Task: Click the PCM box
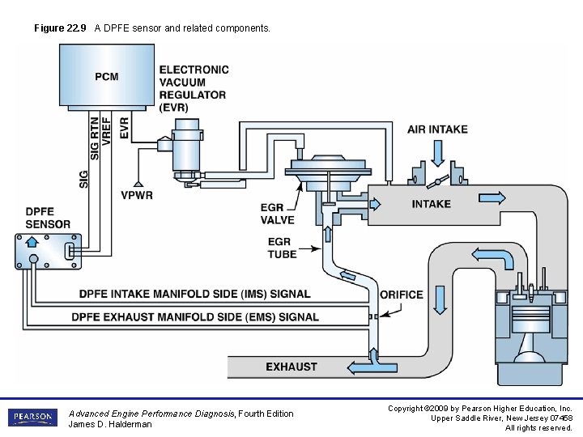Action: click(107, 76)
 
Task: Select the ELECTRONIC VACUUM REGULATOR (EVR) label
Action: click(194, 88)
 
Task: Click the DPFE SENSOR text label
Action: click(48, 218)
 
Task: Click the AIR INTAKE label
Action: click(437, 129)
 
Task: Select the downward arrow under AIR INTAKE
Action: click(438, 152)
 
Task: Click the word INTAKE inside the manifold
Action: click(431, 204)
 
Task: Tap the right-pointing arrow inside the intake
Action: click(492, 197)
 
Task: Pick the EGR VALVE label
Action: click(278, 214)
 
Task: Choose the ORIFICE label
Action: click(402, 295)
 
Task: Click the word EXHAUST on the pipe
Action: click(291, 367)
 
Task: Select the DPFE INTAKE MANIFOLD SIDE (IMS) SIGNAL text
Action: click(194, 294)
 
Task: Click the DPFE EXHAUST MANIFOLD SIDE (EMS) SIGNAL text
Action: click(195, 317)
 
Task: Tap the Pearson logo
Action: click(33, 418)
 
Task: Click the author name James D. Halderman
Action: click(110, 424)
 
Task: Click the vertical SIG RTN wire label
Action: click(95, 138)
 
